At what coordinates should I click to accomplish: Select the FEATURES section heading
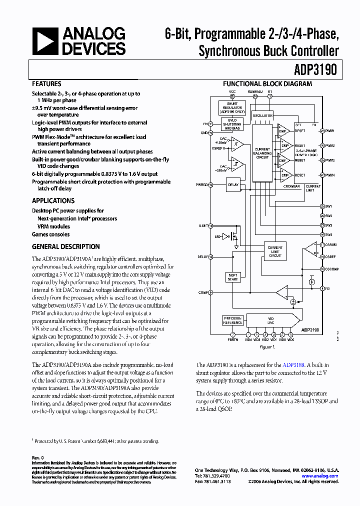[46, 84]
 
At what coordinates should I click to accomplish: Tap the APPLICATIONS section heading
[53, 200]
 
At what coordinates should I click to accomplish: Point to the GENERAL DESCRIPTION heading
[65, 246]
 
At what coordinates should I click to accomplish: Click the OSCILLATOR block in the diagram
[262, 115]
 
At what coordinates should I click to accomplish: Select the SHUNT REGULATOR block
[232, 107]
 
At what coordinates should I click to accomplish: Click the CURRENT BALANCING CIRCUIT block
[262, 153]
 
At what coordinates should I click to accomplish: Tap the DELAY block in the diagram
[233, 184]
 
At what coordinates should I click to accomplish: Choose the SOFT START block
[233, 277]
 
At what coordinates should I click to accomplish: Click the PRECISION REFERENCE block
[232, 320]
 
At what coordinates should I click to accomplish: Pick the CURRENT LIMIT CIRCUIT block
[275, 251]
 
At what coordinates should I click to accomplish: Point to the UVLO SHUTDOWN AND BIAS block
[232, 123]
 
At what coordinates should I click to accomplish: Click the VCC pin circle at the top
[232, 96]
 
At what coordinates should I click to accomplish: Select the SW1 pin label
[328, 205]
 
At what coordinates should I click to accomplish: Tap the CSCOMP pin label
[332, 269]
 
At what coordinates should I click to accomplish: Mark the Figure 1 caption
[267, 346]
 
